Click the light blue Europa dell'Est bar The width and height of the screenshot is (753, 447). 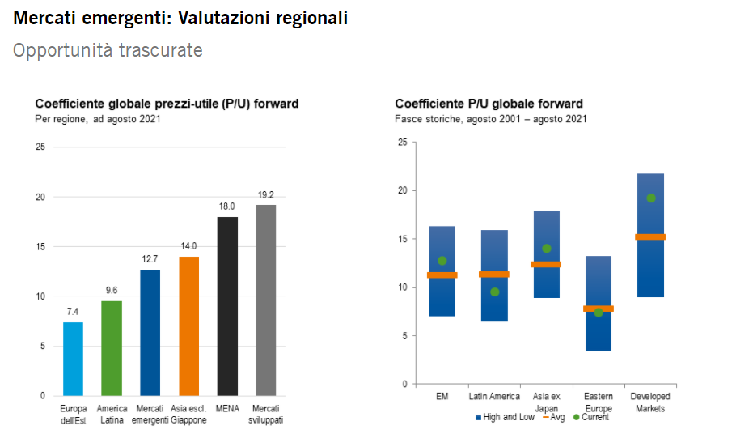coord(73,359)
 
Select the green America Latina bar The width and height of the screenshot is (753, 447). coord(112,348)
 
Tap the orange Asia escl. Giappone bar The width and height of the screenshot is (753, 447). coord(188,326)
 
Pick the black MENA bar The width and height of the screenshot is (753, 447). coord(227,307)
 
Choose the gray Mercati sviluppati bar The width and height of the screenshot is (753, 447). coord(266,300)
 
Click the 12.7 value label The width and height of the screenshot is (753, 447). coord(150,259)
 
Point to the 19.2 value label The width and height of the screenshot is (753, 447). coord(265,194)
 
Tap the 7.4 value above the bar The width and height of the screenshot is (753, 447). coord(73,312)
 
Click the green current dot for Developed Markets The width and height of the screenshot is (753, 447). coord(651,198)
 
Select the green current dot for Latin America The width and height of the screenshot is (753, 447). coord(495,292)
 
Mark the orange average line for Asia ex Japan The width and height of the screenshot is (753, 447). coord(546,264)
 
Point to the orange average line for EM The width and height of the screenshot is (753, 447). coord(442,275)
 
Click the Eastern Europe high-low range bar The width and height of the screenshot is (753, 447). coord(599,304)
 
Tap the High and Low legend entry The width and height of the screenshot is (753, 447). coord(505,417)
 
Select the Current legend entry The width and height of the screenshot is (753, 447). coord(591,417)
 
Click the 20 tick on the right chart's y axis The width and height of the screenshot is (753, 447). coord(403,190)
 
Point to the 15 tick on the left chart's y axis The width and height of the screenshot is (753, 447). coord(40,246)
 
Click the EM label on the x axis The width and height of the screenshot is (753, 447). coord(442,397)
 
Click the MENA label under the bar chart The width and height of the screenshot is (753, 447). coord(227,409)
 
